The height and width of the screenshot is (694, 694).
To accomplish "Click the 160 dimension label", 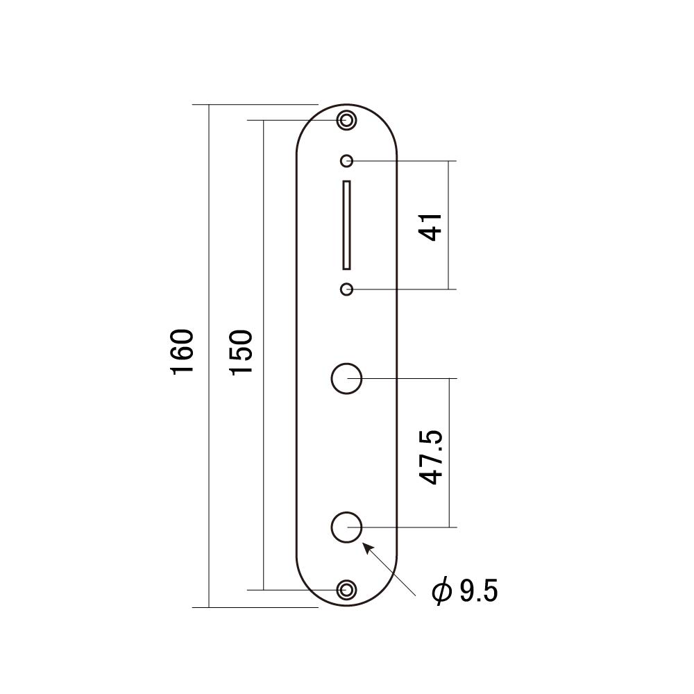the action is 183,352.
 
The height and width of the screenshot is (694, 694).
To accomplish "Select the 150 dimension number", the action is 242,353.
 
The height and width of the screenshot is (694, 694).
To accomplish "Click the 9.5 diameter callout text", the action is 479,591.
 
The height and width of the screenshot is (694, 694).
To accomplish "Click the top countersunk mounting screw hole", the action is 346,120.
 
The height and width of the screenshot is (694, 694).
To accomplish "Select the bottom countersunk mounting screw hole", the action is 346,589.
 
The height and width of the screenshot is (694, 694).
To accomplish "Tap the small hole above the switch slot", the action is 346,161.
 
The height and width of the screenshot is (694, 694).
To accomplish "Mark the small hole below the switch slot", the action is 346,289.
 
